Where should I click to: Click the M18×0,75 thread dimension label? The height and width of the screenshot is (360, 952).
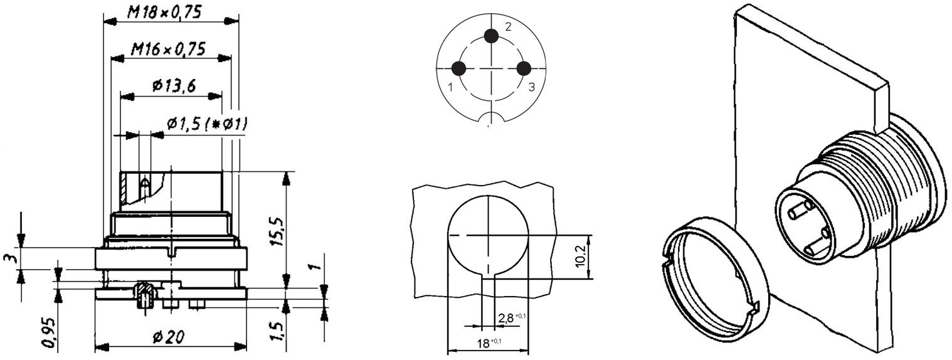tap(164, 13)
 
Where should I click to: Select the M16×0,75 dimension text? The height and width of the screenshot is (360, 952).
tap(168, 50)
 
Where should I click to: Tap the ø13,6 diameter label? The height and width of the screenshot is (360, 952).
tap(174, 87)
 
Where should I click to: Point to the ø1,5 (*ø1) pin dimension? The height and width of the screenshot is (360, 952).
tap(207, 125)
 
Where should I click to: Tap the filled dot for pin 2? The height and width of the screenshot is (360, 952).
tap(492, 36)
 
